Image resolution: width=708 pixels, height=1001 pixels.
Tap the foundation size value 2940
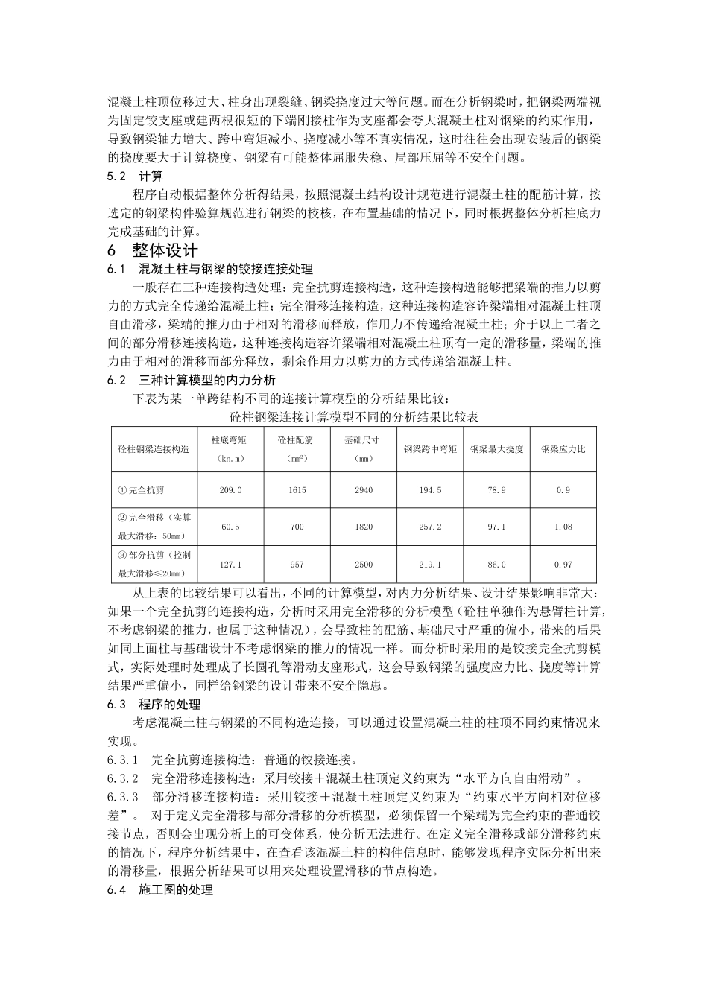point(364,490)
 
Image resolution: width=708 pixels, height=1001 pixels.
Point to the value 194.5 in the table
point(430,490)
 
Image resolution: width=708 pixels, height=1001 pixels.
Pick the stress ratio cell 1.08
point(563,527)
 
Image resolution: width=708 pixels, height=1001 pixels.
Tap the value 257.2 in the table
point(430,527)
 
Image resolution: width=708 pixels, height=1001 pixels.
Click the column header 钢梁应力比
point(563,449)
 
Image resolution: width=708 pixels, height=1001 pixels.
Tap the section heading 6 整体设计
point(153,250)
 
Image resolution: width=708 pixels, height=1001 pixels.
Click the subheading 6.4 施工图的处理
point(160,890)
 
